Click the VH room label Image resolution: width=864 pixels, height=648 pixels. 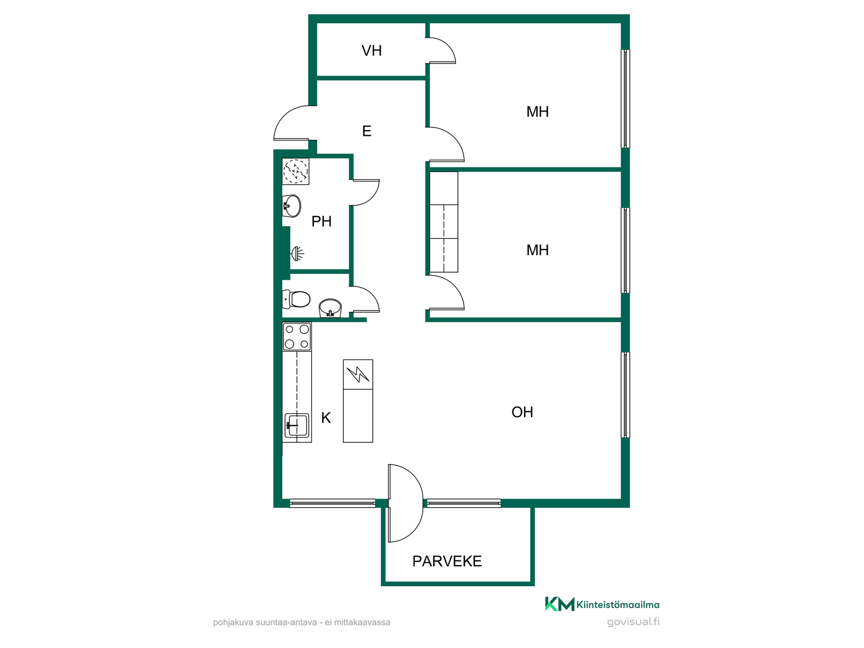[x=372, y=51]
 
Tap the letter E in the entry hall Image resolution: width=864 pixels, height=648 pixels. [x=367, y=131]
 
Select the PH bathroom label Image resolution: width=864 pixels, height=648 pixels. [x=321, y=221]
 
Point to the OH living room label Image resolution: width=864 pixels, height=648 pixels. [x=522, y=412]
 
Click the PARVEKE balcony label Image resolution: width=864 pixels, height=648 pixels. [x=447, y=561]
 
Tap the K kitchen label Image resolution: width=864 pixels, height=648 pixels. [x=326, y=418]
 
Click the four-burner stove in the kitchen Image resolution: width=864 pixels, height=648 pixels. [x=297, y=337]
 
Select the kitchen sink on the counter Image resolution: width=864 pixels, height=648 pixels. [x=297, y=425]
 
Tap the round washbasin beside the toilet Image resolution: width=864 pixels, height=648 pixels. [x=330, y=308]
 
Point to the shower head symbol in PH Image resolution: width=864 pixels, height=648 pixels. [x=297, y=254]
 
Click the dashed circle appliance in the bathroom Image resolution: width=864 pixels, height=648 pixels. [x=296, y=171]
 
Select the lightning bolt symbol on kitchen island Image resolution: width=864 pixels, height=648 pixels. [x=358, y=374]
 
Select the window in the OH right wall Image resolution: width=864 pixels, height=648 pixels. [x=625, y=395]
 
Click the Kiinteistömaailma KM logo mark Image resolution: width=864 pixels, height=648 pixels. [x=559, y=604]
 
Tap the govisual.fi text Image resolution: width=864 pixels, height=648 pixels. [x=633, y=622]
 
